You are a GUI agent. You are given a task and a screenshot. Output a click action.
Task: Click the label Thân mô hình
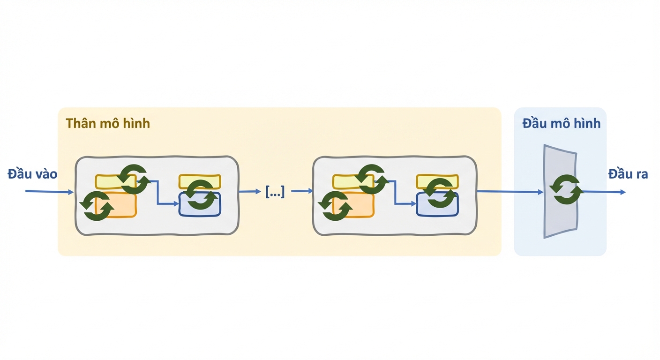[107, 123]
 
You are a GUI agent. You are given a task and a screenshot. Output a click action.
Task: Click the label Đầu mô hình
[561, 123]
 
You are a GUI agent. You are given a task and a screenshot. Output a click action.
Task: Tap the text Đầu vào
[32, 174]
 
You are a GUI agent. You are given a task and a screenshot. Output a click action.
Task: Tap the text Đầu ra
[628, 174]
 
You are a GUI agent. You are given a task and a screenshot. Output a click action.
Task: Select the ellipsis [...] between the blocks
[275, 192]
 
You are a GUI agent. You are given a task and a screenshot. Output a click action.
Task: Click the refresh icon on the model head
[566, 189]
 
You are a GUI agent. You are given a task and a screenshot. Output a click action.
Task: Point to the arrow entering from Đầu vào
[50, 192]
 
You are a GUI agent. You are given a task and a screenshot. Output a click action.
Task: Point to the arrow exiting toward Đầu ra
[604, 192]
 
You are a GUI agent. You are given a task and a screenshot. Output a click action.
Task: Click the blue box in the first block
[200, 204]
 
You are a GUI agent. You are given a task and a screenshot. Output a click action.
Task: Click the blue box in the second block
[437, 204]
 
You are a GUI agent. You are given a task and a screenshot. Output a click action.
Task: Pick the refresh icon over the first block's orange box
[97, 206]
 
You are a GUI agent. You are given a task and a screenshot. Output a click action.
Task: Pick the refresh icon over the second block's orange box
[335, 206]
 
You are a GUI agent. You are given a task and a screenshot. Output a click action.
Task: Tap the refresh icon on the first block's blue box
[200, 195]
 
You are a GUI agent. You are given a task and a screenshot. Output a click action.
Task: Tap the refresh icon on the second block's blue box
[440, 193]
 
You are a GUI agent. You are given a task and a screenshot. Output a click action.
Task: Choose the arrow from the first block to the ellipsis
[250, 192]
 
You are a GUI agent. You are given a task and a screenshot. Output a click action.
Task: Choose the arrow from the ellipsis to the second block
[302, 191]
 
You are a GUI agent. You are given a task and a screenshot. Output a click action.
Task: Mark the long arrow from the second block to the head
[510, 192]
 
